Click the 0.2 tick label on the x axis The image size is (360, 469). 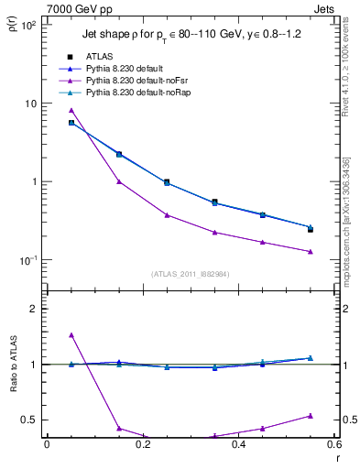tap(143, 444)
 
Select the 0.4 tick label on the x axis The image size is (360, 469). tap(239, 444)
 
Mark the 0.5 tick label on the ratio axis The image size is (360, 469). tap(32, 420)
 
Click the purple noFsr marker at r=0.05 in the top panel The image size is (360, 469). tap(71, 110)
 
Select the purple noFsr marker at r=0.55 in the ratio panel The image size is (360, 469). tap(311, 416)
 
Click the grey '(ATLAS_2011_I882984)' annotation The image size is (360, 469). tap(191, 273)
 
